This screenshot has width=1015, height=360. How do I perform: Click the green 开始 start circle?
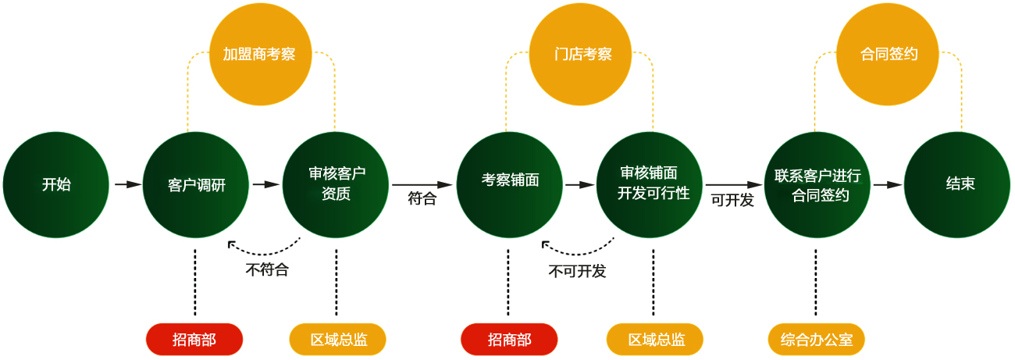tap(55, 185)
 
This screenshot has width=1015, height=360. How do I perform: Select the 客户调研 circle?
tap(196, 185)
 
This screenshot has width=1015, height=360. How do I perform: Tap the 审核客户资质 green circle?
tap(336, 185)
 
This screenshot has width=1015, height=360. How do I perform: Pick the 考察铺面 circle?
tap(510, 185)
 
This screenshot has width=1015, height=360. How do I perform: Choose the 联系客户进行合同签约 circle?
tap(817, 185)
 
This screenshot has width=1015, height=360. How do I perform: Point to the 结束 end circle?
tap(960, 185)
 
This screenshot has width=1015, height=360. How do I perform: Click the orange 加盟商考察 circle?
tap(262, 54)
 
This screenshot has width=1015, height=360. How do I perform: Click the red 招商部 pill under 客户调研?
tap(194, 340)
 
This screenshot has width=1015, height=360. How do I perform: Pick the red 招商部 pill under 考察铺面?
tap(509, 340)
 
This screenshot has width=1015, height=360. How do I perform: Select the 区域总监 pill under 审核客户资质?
tap(338, 340)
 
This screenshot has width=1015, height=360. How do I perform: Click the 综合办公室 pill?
tap(817, 340)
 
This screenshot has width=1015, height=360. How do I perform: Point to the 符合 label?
tap(422, 199)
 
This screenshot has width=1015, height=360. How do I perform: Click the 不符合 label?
tap(267, 270)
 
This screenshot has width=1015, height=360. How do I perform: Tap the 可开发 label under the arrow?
tap(732, 200)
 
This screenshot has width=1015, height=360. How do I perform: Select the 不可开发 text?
tap(577, 272)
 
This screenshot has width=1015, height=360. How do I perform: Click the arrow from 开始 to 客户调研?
tap(126, 184)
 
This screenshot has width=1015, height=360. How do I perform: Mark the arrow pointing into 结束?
tap(888, 185)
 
